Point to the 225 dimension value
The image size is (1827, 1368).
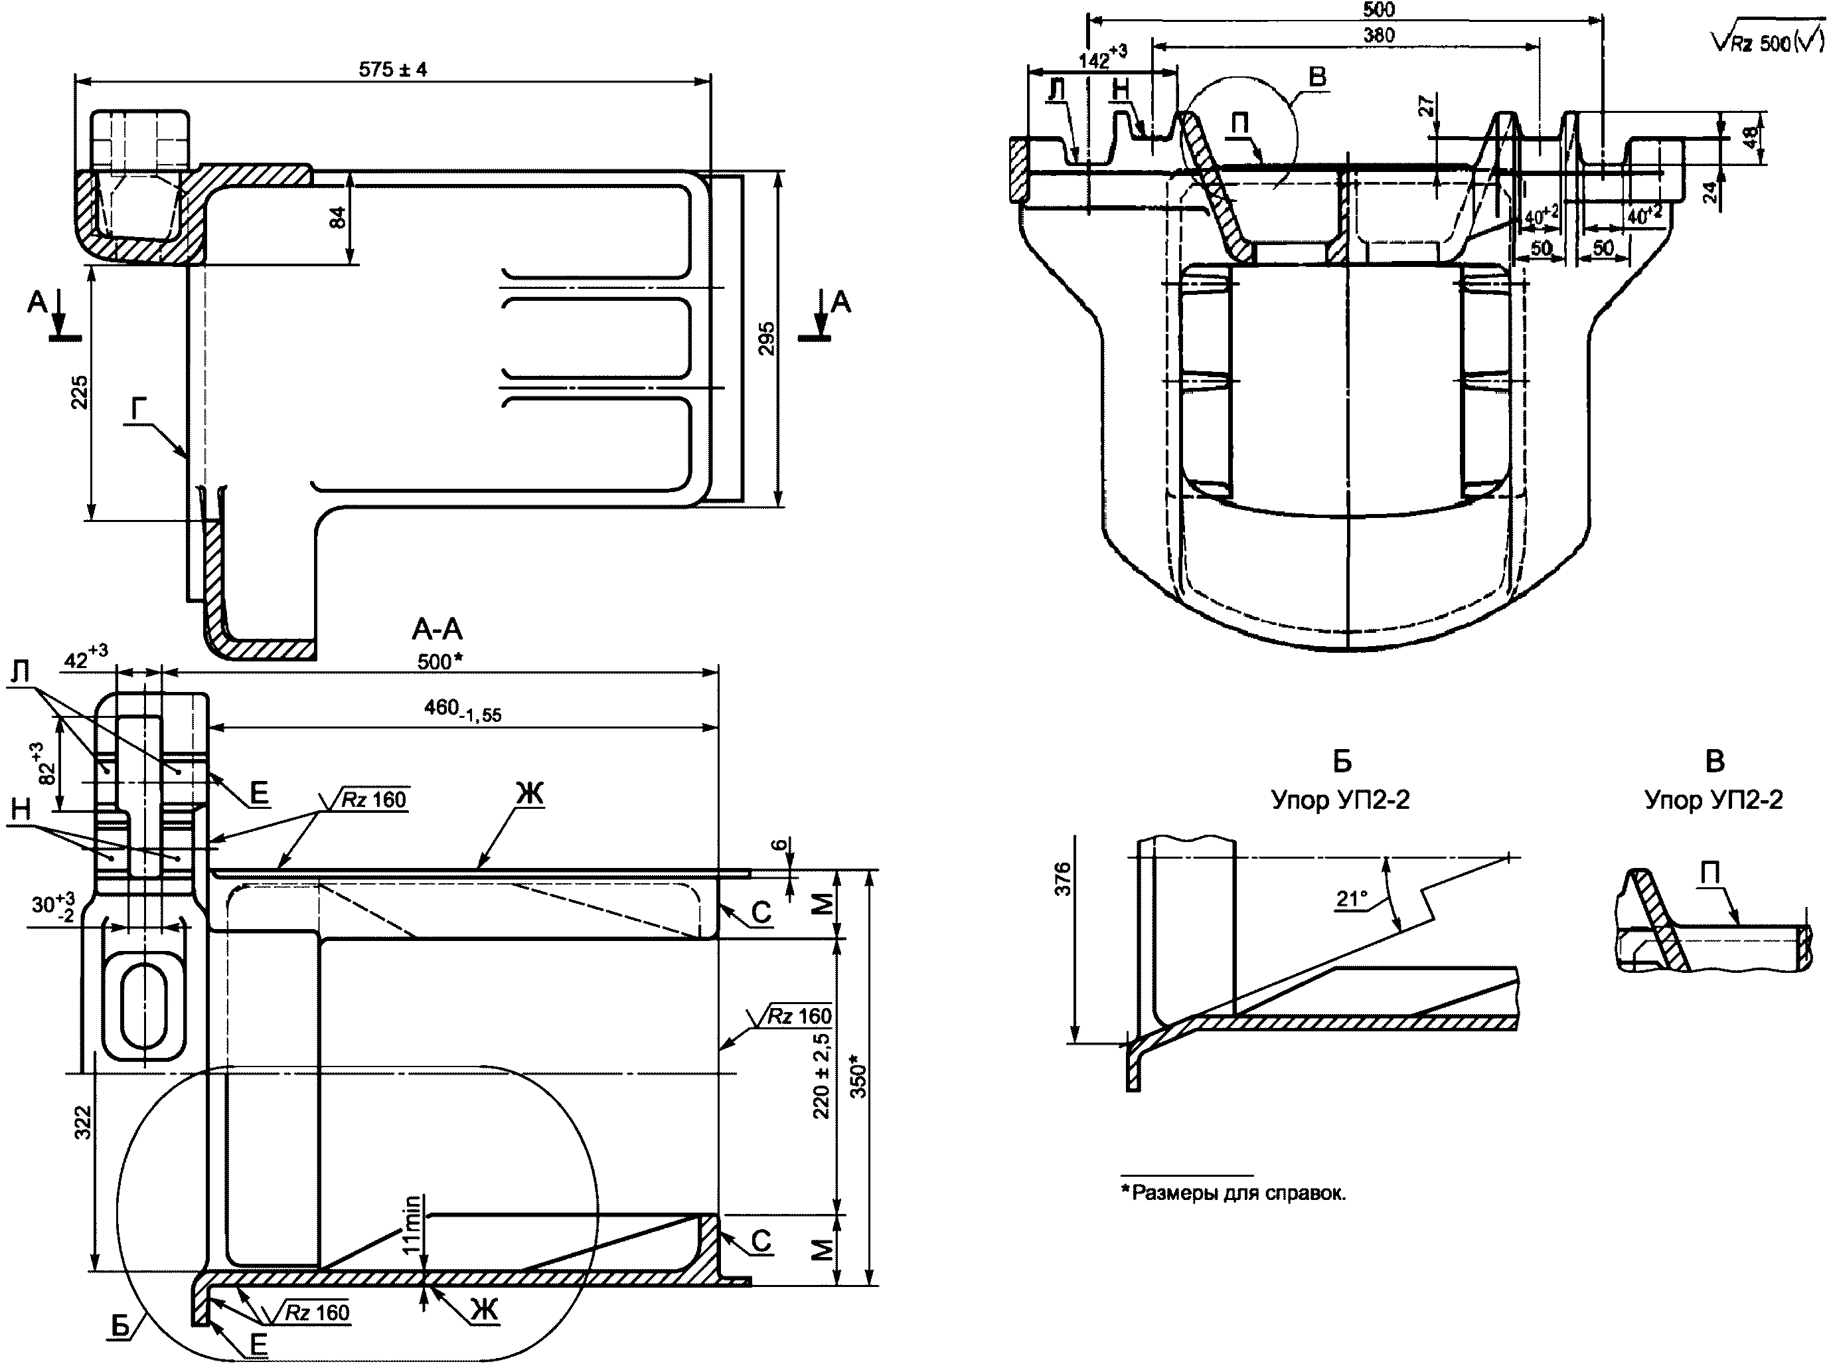tap(78, 392)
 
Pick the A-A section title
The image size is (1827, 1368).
tap(437, 630)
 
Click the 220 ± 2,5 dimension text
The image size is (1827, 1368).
tap(822, 1074)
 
